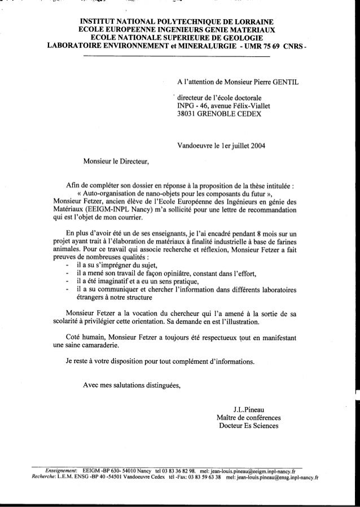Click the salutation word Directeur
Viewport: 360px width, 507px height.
click(131, 162)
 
